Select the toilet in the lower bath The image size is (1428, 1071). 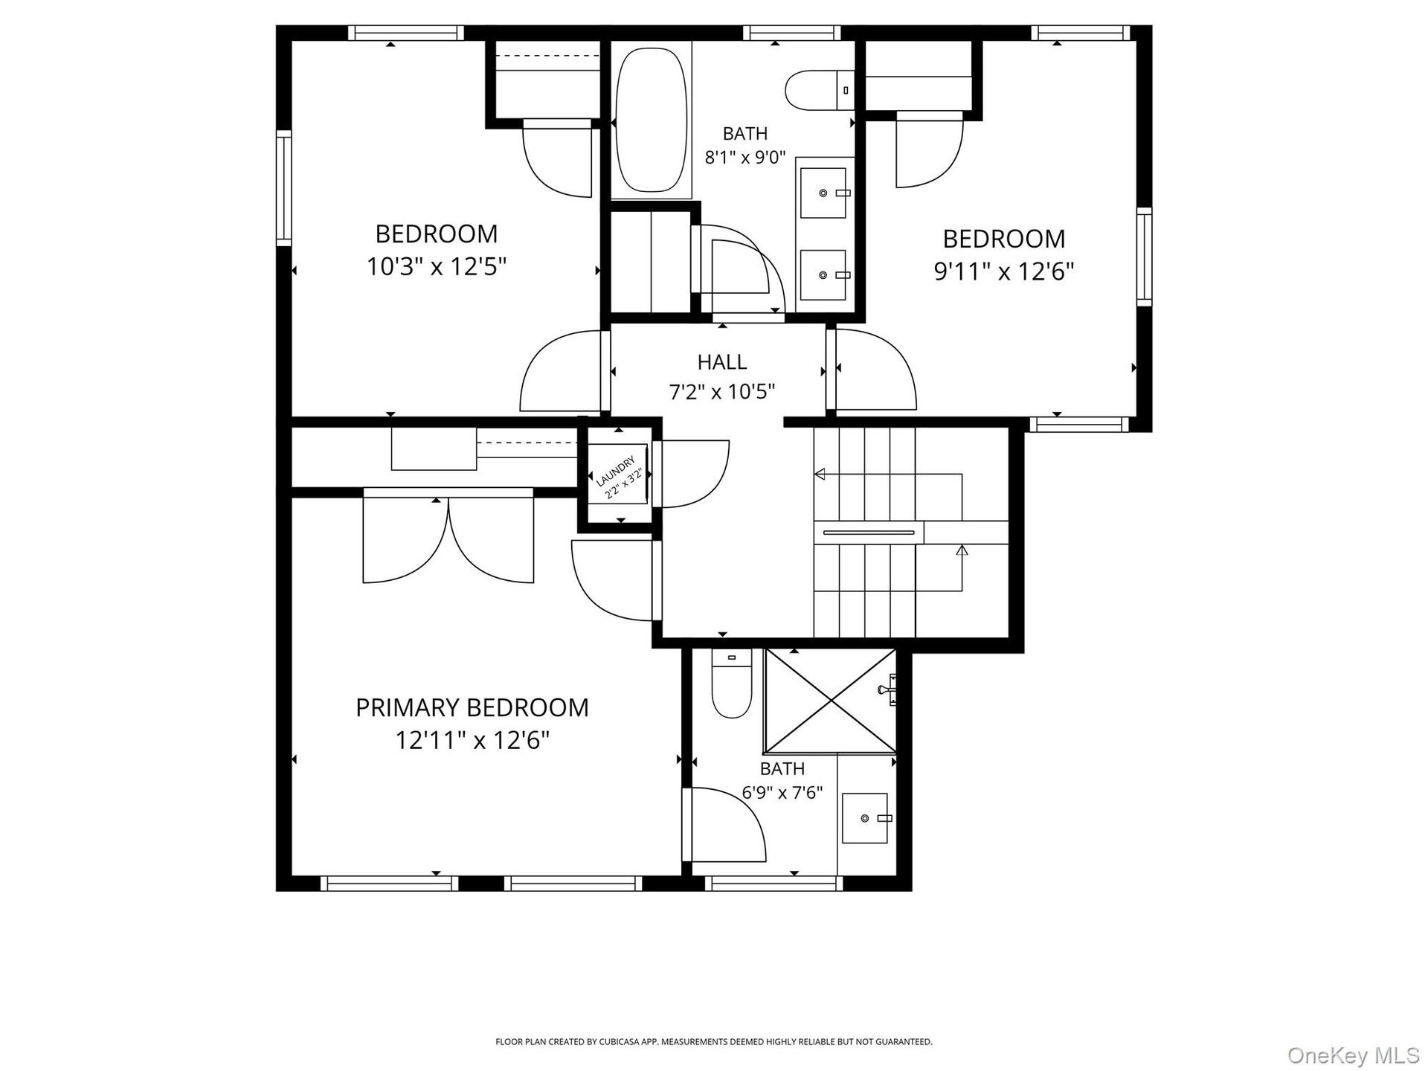tap(731, 683)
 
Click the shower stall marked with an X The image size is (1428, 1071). tap(830, 701)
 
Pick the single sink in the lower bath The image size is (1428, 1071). tap(865, 818)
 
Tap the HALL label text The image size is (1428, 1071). tap(722, 362)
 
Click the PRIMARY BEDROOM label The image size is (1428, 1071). tap(472, 707)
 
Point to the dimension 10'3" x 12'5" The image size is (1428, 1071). tap(437, 266)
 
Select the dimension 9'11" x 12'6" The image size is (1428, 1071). tap(1004, 271)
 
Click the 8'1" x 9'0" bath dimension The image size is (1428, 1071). tap(745, 158)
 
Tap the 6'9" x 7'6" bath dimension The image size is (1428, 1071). tap(782, 793)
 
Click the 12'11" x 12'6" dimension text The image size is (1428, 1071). tap(472, 741)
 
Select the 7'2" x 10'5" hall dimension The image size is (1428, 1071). tap(722, 392)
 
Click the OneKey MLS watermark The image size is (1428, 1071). tap(1354, 1055)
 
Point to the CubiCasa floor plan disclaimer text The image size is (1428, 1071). tap(714, 1042)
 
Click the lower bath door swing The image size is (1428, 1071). tap(724, 825)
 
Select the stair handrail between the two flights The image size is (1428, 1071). tap(869, 533)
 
